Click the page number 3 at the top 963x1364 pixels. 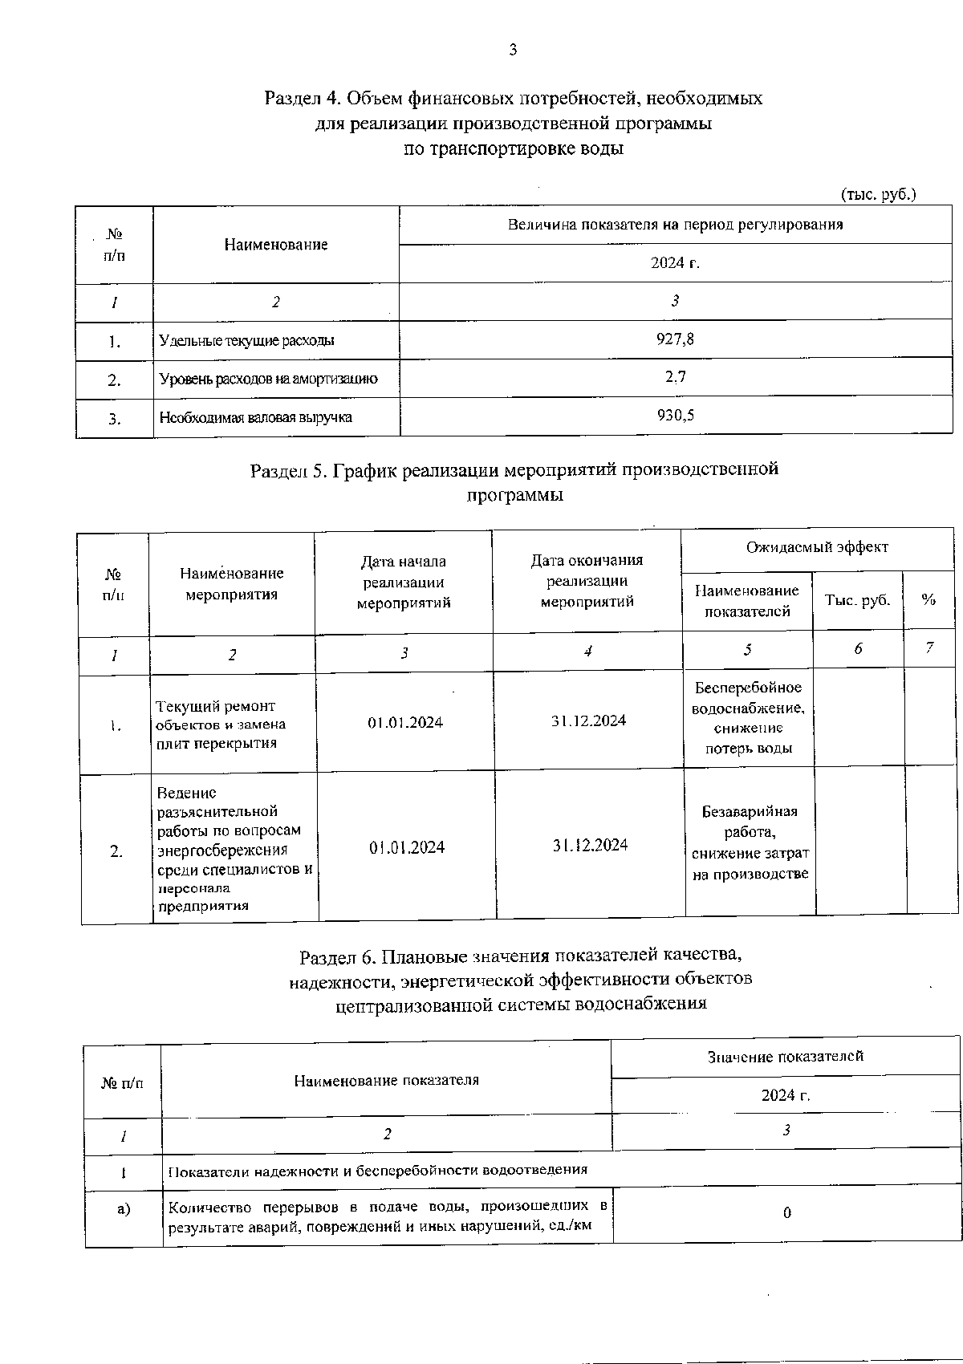[x=513, y=50]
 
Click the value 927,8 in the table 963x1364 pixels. [x=675, y=339]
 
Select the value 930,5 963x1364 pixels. [x=675, y=416]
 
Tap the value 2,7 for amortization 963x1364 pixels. [x=675, y=377]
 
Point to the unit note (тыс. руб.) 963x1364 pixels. [x=878, y=194]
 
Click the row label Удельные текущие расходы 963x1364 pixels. [x=246, y=341]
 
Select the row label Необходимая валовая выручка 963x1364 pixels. [x=255, y=417]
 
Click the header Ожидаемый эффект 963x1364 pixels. [x=817, y=547]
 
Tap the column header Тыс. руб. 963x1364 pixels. [x=857, y=600]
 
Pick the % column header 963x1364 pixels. [x=928, y=600]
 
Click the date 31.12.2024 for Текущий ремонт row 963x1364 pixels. [x=588, y=721]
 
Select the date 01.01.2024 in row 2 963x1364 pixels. [x=406, y=848]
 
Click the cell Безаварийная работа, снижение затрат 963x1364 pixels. [x=750, y=842]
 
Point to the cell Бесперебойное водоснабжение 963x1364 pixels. [x=748, y=718]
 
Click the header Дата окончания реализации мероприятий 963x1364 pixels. [x=587, y=581]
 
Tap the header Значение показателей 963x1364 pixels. [x=785, y=1057]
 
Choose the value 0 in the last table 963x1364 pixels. [x=786, y=1213]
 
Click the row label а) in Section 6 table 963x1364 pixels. [x=123, y=1208]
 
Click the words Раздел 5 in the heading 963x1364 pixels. [x=289, y=470]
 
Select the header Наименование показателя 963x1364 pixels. [x=386, y=1081]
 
